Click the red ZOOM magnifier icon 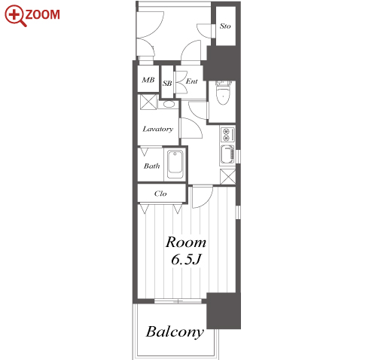15,15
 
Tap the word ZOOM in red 42,14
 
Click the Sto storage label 225,26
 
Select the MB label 148,80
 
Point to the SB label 167,84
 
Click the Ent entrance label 192,81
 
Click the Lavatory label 158,129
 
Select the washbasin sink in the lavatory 169,104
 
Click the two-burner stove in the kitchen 227,134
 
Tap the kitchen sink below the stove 227,154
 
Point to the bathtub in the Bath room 175,163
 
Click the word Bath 152,166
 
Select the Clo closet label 160,194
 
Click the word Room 186,243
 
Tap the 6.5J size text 186,259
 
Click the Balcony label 175,332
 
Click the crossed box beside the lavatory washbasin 148,102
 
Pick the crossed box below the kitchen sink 228,177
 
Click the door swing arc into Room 206,202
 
